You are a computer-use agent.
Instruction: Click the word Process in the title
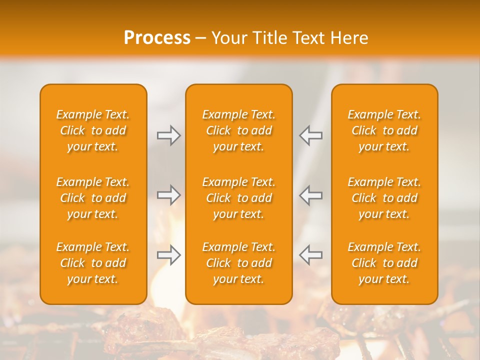[x=157, y=38]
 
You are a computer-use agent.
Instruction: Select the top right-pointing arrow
[x=169, y=135]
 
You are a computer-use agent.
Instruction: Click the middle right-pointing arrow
[x=169, y=195]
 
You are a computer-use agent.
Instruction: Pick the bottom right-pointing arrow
[x=169, y=255]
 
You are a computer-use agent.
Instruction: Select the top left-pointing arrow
[x=311, y=135]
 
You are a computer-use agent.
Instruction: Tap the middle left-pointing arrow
[x=311, y=195]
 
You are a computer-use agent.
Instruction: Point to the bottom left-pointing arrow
[x=311, y=255]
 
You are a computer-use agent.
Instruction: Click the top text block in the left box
[x=93, y=130]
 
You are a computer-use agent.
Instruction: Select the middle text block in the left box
[x=93, y=198]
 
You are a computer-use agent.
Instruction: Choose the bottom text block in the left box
[x=93, y=263]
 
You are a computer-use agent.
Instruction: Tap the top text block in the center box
[x=239, y=130]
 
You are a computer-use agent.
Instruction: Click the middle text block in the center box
[x=239, y=198]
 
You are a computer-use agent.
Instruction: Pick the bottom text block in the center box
[x=239, y=263]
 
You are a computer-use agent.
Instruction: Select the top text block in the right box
[x=384, y=130]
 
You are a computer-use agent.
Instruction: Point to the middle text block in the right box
[x=384, y=198]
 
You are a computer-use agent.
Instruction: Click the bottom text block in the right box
[x=384, y=263]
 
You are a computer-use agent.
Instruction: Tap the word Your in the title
[x=227, y=38]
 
